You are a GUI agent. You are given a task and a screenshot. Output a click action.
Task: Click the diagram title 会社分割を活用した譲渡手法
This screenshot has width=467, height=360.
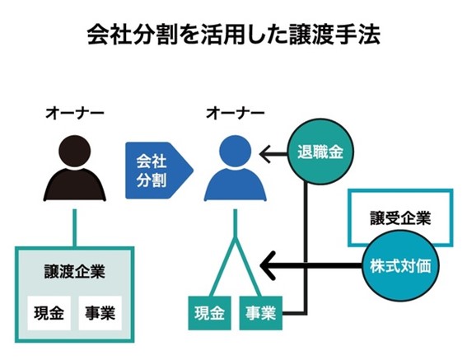[x=233, y=37]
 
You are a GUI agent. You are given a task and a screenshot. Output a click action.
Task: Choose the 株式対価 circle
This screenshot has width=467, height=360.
[x=399, y=267]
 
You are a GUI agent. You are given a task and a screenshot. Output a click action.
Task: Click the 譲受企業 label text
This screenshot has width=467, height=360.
[x=399, y=218]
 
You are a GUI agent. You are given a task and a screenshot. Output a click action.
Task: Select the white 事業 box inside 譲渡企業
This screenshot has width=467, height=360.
[x=100, y=313]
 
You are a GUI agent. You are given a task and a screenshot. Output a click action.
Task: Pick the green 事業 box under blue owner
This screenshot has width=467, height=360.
[x=260, y=313]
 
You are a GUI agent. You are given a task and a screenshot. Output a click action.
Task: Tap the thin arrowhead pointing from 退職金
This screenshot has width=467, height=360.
[x=265, y=152]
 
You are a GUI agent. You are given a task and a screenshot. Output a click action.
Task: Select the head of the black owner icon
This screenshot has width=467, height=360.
[x=75, y=154]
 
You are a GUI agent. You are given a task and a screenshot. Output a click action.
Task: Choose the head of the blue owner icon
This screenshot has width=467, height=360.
[x=234, y=154]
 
